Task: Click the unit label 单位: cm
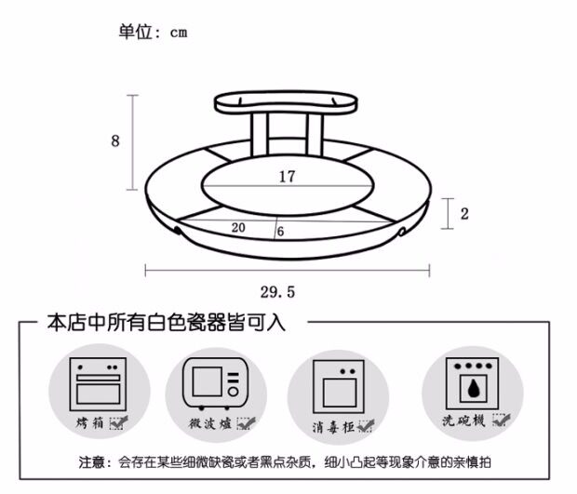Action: tap(153, 32)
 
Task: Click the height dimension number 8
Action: tap(115, 141)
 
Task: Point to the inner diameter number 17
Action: tap(287, 175)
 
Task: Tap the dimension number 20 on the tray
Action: tap(238, 227)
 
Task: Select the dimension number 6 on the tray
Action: tap(280, 232)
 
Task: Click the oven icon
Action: tap(100, 383)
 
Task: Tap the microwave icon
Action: tap(216, 383)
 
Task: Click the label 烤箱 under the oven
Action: tap(91, 423)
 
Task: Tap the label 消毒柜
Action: tap(332, 428)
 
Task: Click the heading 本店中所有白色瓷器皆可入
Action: tap(166, 323)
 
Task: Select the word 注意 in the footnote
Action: tap(93, 461)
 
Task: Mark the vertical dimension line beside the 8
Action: tap(133, 142)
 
